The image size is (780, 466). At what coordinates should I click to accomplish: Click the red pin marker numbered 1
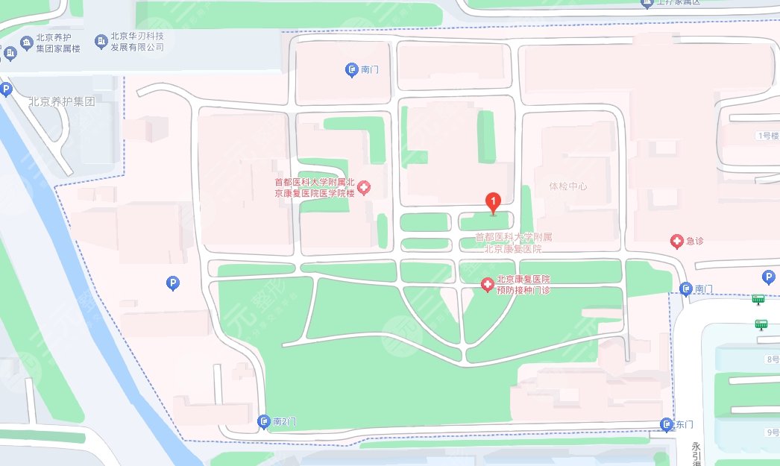pos(492,202)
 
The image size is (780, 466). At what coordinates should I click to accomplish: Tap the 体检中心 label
pos(568,186)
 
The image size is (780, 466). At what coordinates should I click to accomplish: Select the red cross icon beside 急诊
pos(676,241)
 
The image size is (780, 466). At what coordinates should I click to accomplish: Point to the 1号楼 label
pos(767,136)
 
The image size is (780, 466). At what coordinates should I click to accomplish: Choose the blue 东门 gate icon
pos(667,425)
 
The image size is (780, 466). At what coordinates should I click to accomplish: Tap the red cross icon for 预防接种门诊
pos(487,284)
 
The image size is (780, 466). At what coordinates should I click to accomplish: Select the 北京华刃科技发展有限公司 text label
pos(137,42)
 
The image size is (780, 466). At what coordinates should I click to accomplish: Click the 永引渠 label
pos(695,453)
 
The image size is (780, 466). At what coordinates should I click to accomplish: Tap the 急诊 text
pos(696,241)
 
